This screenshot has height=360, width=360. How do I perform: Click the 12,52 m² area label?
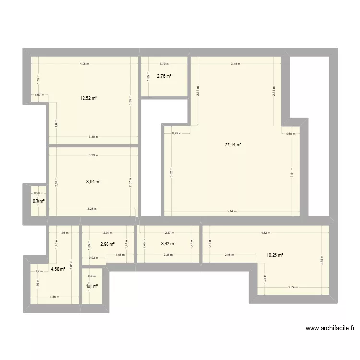tap(89, 98)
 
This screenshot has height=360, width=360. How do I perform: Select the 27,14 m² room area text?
tap(233, 144)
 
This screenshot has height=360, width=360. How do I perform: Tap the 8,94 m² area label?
tap(93, 182)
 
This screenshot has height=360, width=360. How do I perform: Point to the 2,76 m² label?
tap(164, 76)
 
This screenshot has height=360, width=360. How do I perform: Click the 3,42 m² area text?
tap(168, 244)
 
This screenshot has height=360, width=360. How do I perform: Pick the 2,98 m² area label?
tap(108, 244)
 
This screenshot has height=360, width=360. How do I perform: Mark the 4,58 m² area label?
tap(58, 269)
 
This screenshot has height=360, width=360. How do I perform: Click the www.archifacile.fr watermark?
tap(330, 329)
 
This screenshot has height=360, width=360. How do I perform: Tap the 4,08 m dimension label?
tap(84, 64)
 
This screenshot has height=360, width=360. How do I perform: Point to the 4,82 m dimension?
tap(265, 233)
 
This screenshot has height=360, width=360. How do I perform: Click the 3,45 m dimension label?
tap(235, 64)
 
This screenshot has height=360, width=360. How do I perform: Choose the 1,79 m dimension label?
tap(164, 64)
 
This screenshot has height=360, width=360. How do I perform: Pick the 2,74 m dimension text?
tap(293, 287)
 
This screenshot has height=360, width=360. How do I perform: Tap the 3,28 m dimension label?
tap(92, 209)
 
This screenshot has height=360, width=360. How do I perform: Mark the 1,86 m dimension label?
tap(54, 297)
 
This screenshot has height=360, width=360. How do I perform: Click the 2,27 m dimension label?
tap(168, 233)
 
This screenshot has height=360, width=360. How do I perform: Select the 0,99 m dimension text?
tap(177, 133)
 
